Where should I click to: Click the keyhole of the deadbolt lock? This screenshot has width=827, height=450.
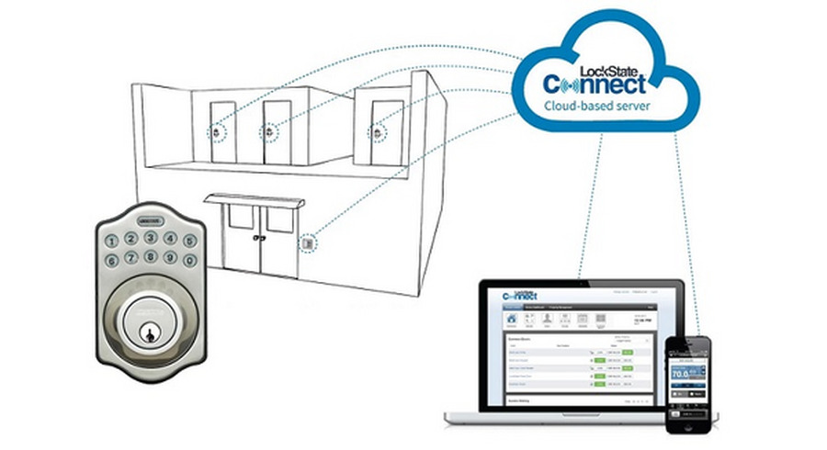pos(147,332)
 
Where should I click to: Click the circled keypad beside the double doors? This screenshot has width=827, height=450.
pos(309,244)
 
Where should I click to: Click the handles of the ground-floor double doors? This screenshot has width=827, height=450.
pos(260,238)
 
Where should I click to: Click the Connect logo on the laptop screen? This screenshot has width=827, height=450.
pos(522,294)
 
